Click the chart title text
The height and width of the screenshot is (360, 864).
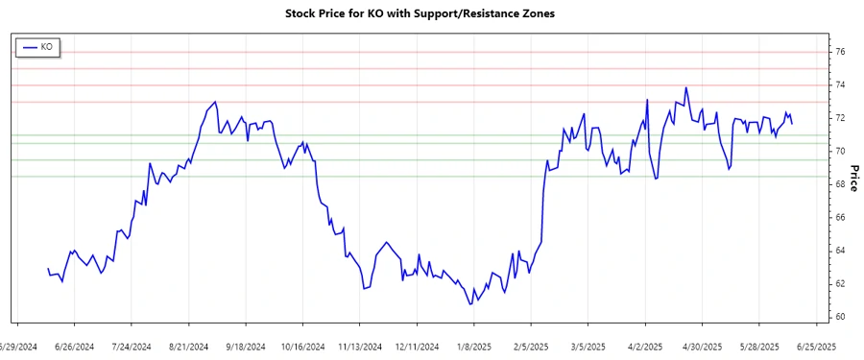click(x=420, y=13)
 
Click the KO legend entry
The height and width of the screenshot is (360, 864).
click(x=38, y=46)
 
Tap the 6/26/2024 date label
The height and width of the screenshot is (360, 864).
click(x=75, y=347)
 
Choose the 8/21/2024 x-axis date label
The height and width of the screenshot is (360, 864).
click(x=189, y=347)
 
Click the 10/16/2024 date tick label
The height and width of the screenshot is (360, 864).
click(x=303, y=347)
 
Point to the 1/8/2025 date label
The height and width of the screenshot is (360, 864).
click(x=474, y=347)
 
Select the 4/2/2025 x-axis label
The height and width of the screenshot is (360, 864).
click(x=645, y=347)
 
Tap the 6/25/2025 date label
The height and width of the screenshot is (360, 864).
click(x=816, y=347)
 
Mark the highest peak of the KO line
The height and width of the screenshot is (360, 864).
click(x=685, y=88)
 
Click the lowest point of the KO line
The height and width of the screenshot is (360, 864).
click(x=470, y=304)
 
